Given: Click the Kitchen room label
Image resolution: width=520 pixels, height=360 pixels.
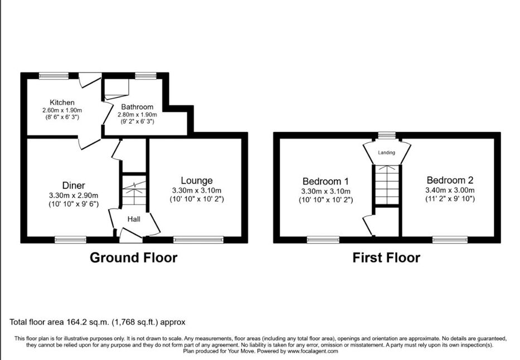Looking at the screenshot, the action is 62,103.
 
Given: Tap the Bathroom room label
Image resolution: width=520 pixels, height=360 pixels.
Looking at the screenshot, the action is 137,107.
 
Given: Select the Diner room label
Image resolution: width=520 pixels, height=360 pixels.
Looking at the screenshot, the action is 74,186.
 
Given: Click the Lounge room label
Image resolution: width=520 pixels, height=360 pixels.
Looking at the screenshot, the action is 197,181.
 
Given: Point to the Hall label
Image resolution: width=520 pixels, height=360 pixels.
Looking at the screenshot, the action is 134,219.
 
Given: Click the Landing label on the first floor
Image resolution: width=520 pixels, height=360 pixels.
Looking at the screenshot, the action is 387,153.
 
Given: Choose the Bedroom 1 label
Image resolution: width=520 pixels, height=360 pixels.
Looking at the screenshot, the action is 325,181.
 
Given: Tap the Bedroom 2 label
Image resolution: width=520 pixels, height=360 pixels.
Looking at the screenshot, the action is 450,181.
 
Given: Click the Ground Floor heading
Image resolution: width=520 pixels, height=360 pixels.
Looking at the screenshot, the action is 134,257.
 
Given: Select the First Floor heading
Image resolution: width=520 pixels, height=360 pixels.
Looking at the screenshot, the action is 386,257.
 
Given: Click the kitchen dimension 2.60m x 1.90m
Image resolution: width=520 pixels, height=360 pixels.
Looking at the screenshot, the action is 62,110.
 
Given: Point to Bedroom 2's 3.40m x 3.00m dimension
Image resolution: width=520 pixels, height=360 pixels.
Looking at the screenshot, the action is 450,190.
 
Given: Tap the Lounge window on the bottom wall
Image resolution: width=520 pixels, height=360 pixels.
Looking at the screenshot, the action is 198,239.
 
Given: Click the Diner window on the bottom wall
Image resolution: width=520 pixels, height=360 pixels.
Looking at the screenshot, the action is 71,239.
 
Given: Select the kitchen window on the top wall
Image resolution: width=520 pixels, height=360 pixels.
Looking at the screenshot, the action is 54,76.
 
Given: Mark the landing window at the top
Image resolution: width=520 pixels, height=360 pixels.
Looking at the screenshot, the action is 387,135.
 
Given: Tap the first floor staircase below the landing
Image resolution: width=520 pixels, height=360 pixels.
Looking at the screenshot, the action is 387,184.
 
